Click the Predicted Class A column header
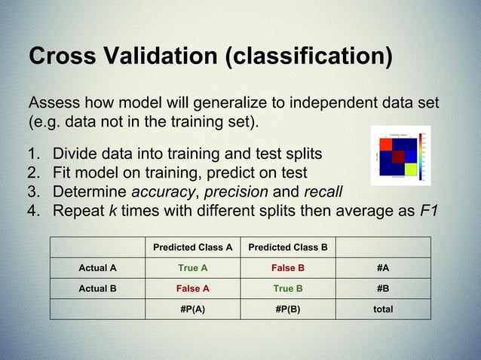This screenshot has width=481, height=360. [192, 247]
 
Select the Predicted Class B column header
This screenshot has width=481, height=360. [288, 247]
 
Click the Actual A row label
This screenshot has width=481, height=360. [97, 267]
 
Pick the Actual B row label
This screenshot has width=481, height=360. [97, 288]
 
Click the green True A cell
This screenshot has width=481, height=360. [192, 267]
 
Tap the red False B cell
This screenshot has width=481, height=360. [288, 267]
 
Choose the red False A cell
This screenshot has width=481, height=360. [192, 288]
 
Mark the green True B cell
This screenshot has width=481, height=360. [288, 288]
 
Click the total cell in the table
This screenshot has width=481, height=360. [383, 309]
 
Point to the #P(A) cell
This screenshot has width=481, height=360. [192, 309]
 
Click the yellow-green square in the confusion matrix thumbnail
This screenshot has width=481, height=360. [410, 169]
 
